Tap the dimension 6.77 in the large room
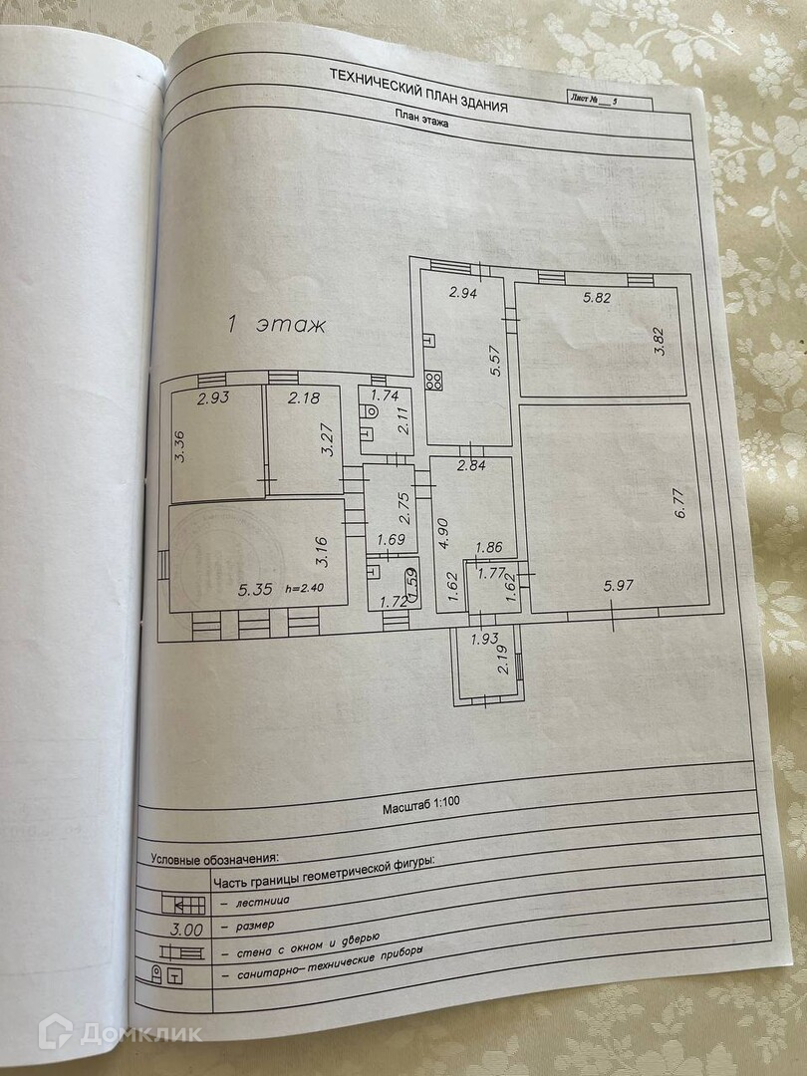coord(680,501)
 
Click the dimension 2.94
coord(461,292)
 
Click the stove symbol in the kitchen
coord(434,380)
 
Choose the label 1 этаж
coord(271,324)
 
